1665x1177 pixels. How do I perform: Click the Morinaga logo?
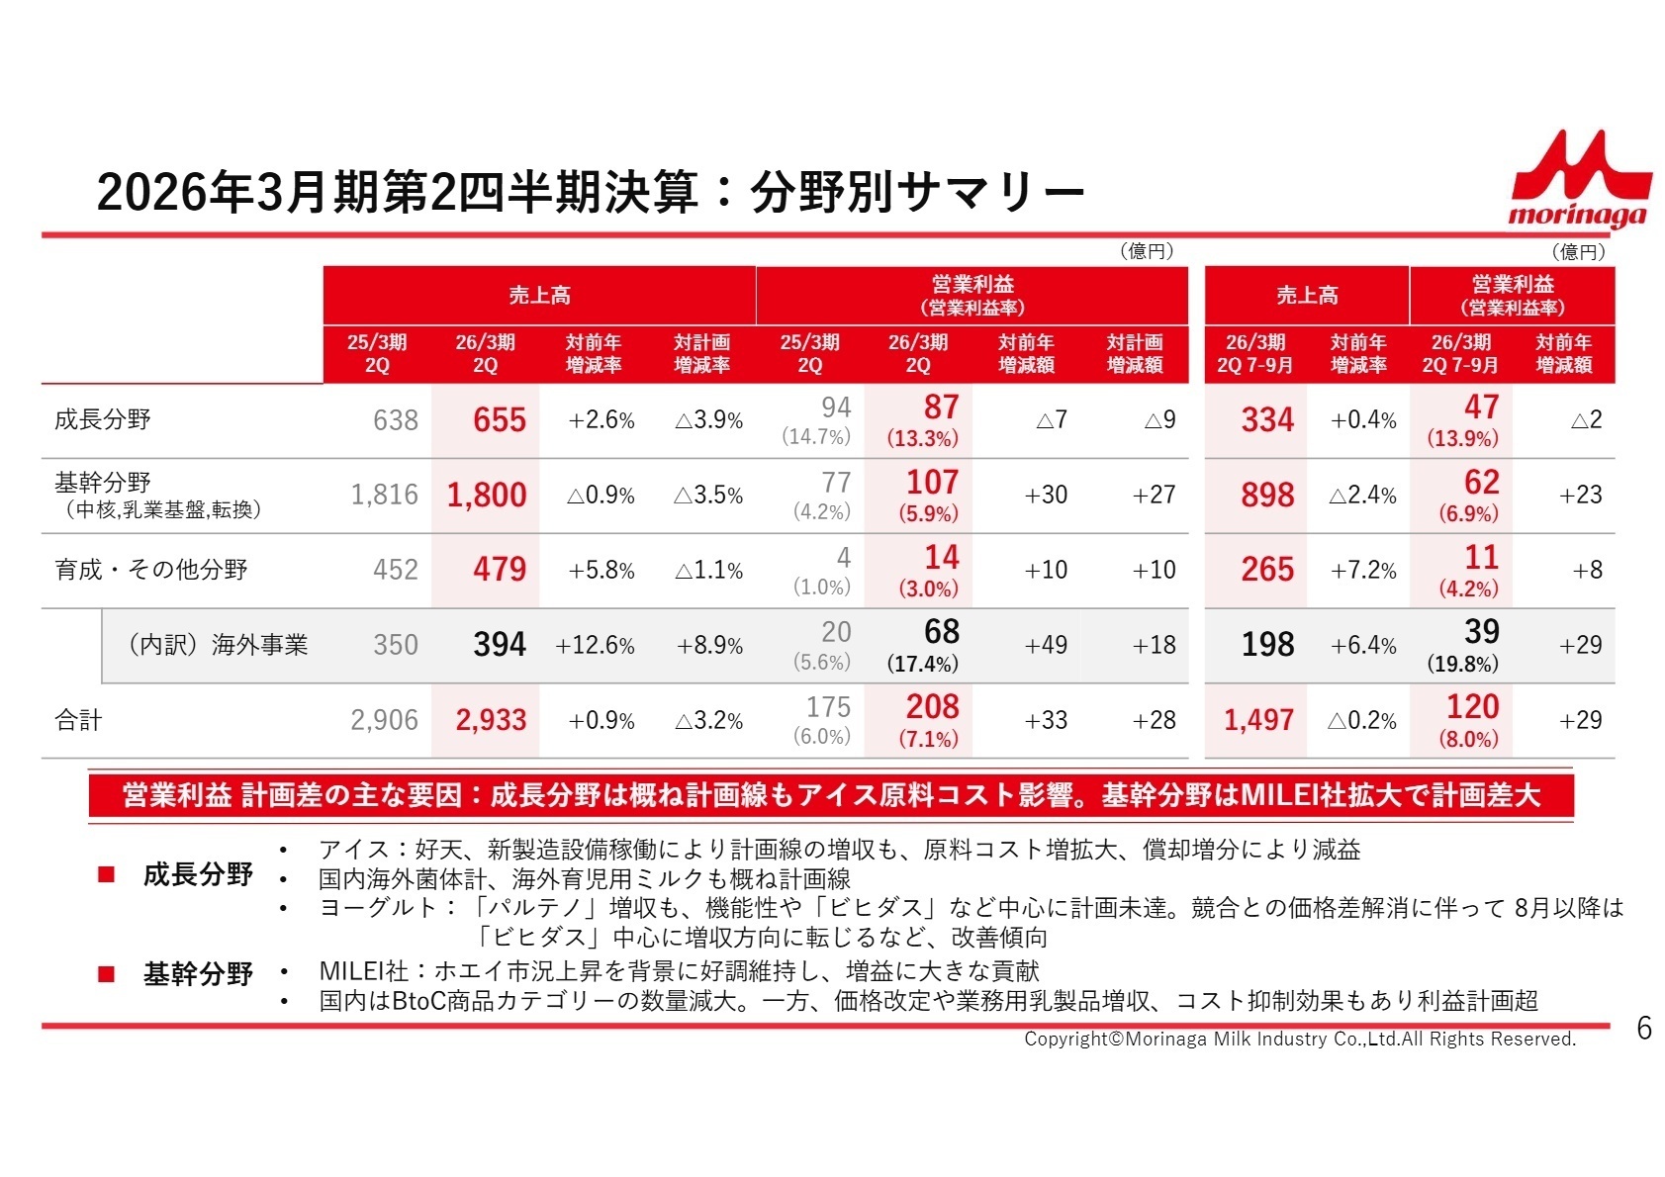[x=1580, y=180]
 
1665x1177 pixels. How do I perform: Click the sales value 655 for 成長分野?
[x=499, y=420]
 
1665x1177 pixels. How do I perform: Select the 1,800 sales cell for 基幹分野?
[x=486, y=495]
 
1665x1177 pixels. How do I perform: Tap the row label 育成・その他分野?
[x=150, y=570]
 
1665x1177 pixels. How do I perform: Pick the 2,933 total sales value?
[x=491, y=720]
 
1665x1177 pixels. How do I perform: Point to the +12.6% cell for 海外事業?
[x=595, y=646]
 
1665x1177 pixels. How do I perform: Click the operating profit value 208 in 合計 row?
[x=932, y=707]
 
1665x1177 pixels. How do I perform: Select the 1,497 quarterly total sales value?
[x=1258, y=720]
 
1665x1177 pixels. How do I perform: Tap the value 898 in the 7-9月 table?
[x=1266, y=495]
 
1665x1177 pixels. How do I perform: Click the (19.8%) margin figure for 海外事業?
[x=1462, y=664]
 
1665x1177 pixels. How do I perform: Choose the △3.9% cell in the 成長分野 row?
[x=708, y=420]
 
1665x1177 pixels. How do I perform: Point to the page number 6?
[x=1643, y=1029]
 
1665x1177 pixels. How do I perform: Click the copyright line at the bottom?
[x=1299, y=1039]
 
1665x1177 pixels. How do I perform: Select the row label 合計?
[x=78, y=720]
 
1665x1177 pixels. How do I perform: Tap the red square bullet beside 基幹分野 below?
[x=107, y=975]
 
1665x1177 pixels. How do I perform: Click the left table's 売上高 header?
[x=539, y=295]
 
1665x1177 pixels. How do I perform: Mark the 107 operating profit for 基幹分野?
[x=932, y=483]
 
